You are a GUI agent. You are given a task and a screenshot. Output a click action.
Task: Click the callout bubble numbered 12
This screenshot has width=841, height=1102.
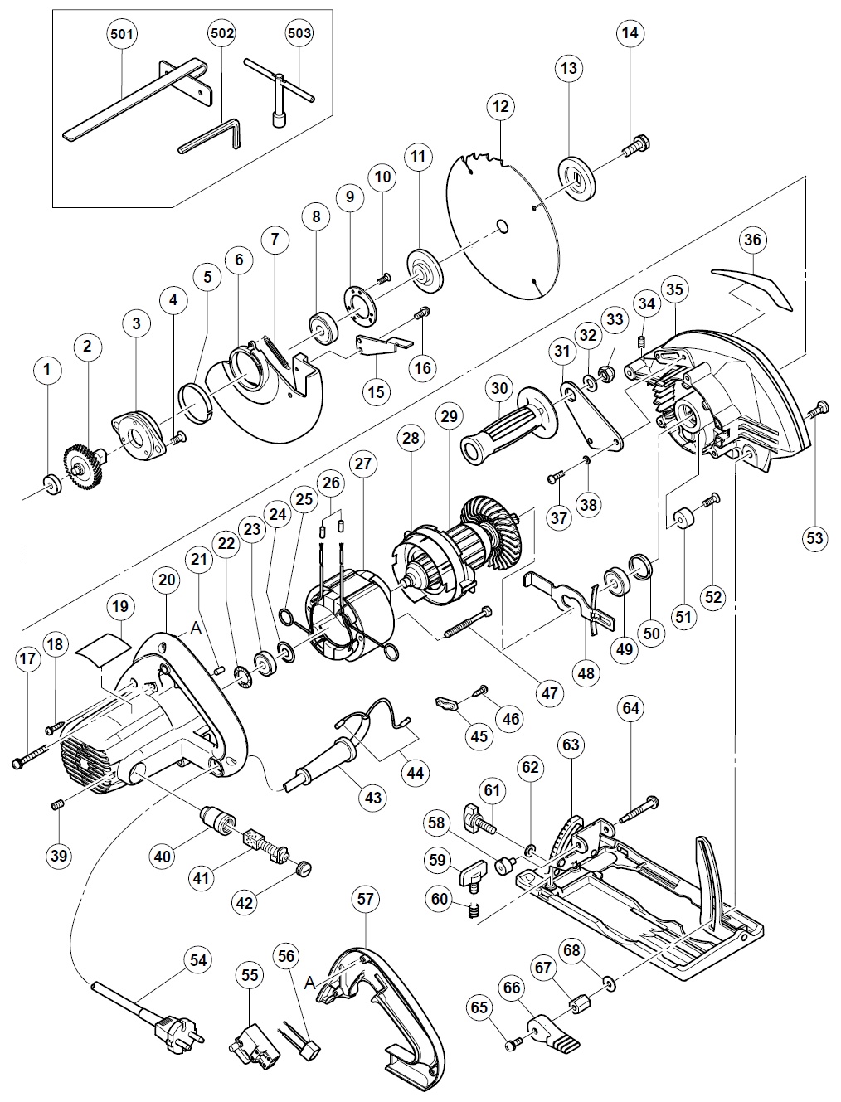[x=500, y=107]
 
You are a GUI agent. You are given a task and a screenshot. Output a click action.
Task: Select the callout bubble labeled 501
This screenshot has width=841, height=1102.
[x=124, y=34]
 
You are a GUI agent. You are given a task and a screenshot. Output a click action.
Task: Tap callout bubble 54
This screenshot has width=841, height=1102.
[x=198, y=959]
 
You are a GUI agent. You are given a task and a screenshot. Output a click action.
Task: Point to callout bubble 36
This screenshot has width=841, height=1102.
[x=752, y=240]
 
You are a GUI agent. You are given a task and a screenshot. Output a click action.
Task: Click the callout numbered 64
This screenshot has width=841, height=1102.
[x=631, y=708]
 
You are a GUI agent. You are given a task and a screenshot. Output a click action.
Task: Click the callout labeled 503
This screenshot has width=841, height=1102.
[x=299, y=34]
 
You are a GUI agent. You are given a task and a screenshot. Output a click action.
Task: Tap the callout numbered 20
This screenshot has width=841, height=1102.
[x=166, y=581]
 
